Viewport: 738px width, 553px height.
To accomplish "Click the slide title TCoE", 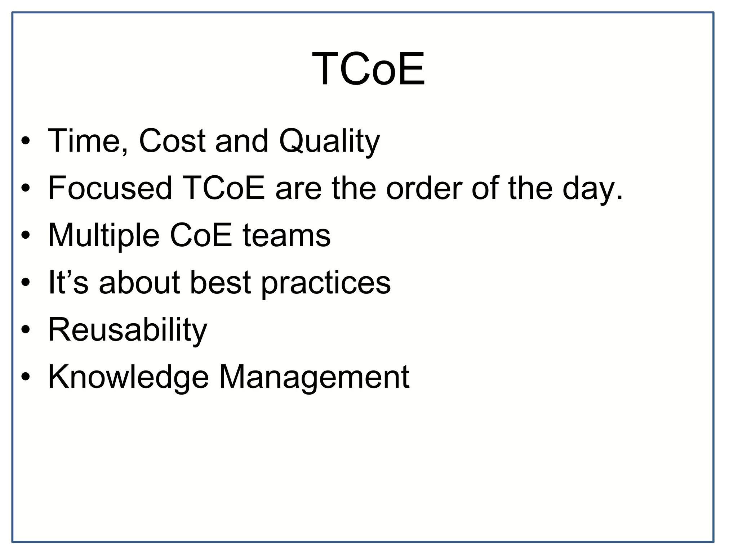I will tap(368, 69).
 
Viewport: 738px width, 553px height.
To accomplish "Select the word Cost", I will tap(172, 141).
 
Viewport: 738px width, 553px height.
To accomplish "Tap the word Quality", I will tap(329, 141).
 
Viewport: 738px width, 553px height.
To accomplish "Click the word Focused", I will tap(110, 188).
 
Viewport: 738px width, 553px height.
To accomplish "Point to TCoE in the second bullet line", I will tap(223, 188).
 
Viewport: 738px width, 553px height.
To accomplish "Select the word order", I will tap(424, 188).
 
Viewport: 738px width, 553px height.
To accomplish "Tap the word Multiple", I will tap(103, 235).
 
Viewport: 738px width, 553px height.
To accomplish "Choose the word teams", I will tap(286, 235).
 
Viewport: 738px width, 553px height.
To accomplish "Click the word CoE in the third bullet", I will tap(201, 235).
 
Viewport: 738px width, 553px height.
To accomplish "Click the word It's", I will tap(68, 282).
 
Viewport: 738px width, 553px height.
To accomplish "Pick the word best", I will tap(220, 282).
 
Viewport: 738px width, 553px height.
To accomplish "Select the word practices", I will tap(325, 283).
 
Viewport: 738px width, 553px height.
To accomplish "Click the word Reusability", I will tap(128, 330).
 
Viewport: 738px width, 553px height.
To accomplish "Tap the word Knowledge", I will tap(128, 377).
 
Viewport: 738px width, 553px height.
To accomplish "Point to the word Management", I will tap(314, 377).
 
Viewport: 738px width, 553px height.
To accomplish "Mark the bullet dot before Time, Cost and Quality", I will tap(25, 141).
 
